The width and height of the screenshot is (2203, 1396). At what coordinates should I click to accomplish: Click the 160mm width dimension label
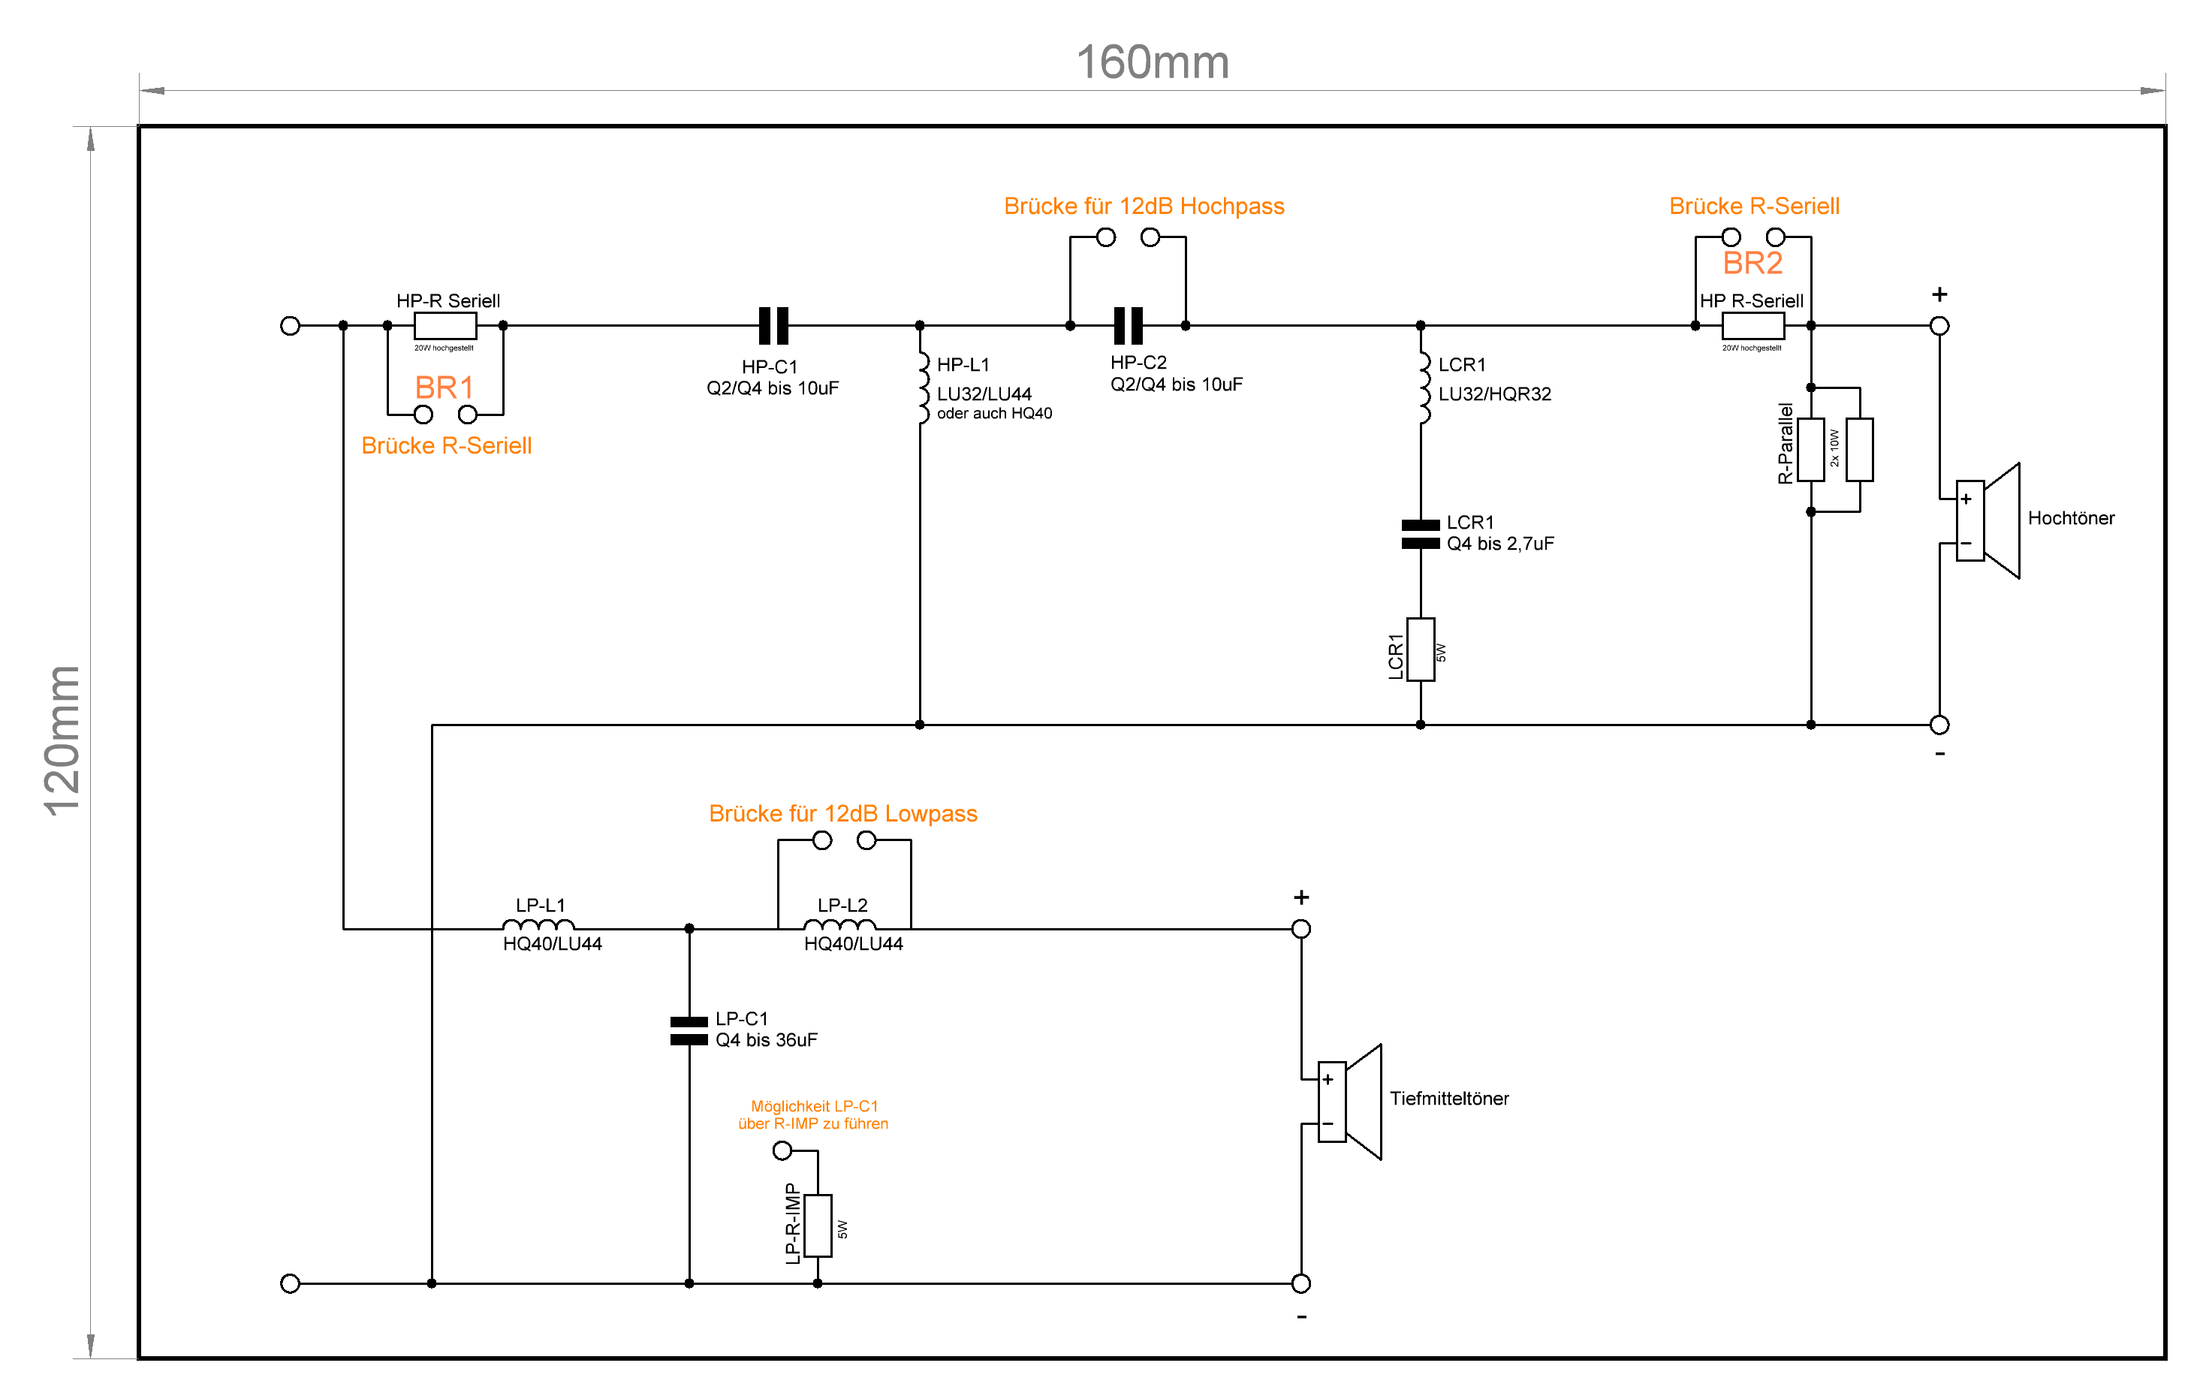[1152, 62]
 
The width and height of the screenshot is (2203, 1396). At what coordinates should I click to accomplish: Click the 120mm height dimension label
[63, 740]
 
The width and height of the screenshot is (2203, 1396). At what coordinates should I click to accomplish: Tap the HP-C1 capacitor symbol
[773, 326]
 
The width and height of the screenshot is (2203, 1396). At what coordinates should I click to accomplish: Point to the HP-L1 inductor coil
[924, 388]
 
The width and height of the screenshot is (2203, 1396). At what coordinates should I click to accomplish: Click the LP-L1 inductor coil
[539, 925]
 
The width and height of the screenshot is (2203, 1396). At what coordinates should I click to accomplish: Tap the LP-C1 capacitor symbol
[689, 1031]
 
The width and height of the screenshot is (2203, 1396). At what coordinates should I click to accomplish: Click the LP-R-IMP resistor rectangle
[818, 1225]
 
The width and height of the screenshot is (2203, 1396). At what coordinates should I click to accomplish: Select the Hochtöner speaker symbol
[1987, 520]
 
